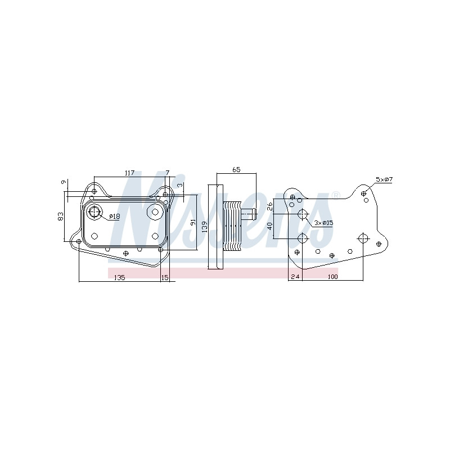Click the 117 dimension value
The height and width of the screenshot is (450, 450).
[x=130, y=173]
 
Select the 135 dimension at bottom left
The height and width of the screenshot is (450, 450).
[x=120, y=277]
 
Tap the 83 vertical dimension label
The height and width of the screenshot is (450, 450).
[x=61, y=216]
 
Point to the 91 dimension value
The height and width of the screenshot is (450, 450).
[x=193, y=222]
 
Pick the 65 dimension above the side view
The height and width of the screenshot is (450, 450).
[x=236, y=170]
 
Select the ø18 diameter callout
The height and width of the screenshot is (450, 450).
[x=115, y=217]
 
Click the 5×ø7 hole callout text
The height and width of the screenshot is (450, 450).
[x=384, y=179]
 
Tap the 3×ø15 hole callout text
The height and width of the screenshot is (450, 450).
[x=323, y=222]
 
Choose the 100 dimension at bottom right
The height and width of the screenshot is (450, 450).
[x=332, y=277]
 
